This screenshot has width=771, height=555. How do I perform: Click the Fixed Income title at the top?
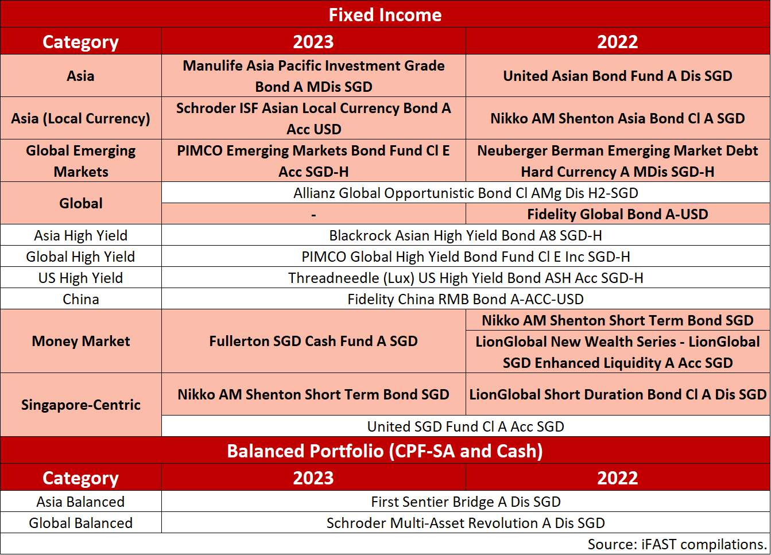[385, 14]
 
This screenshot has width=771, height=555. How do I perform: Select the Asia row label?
[80, 76]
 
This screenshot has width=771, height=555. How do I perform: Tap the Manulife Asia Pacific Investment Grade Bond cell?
[313, 76]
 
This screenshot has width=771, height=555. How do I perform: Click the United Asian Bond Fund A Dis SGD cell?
[618, 76]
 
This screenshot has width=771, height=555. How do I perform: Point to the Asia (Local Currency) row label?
[80, 118]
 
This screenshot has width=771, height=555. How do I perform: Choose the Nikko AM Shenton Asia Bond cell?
[618, 118]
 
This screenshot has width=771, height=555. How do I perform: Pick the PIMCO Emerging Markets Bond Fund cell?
[313, 161]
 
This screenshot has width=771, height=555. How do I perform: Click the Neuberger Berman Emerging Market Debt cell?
[618, 161]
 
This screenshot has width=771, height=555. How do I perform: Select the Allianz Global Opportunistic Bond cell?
[466, 193]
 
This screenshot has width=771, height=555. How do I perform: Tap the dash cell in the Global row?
[313, 214]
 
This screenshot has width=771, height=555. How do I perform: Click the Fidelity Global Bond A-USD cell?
[618, 214]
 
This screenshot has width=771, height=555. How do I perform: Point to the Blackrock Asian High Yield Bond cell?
[466, 235]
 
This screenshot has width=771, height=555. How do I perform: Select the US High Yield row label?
[80, 278]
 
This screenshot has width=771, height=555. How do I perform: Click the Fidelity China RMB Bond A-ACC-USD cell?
[466, 299]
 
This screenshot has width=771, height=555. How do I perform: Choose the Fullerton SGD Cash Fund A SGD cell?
[313, 341]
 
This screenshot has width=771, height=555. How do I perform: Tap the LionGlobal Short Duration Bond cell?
[618, 394]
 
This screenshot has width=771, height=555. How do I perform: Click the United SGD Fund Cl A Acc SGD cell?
[466, 426]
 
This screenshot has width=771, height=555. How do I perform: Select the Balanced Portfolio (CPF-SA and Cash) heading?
[385, 451]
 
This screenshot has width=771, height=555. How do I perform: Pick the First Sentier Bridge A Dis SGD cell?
[466, 502]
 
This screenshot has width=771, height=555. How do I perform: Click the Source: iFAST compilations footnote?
[677, 544]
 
